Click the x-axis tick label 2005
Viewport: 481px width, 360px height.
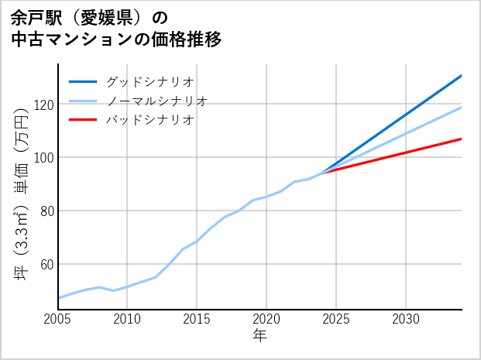coord(58,319)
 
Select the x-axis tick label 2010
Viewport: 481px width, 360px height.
coord(128,319)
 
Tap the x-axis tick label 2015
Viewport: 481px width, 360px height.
coord(198,319)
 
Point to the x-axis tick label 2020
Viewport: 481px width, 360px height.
coord(267,319)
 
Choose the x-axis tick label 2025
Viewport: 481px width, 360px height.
coord(337,319)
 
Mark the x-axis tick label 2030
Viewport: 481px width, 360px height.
coord(407,319)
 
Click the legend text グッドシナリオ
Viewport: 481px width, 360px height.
coord(149,81)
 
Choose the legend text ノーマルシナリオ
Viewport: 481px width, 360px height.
coord(156,101)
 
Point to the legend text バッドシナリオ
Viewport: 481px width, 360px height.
coord(149,120)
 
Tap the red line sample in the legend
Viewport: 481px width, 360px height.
coord(83,120)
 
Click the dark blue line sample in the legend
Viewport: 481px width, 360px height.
coord(83,81)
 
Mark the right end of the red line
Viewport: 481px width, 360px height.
coord(462,139)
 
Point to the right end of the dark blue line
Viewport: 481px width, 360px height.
coord(462,75)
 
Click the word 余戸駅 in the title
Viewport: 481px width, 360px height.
coord(33,17)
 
